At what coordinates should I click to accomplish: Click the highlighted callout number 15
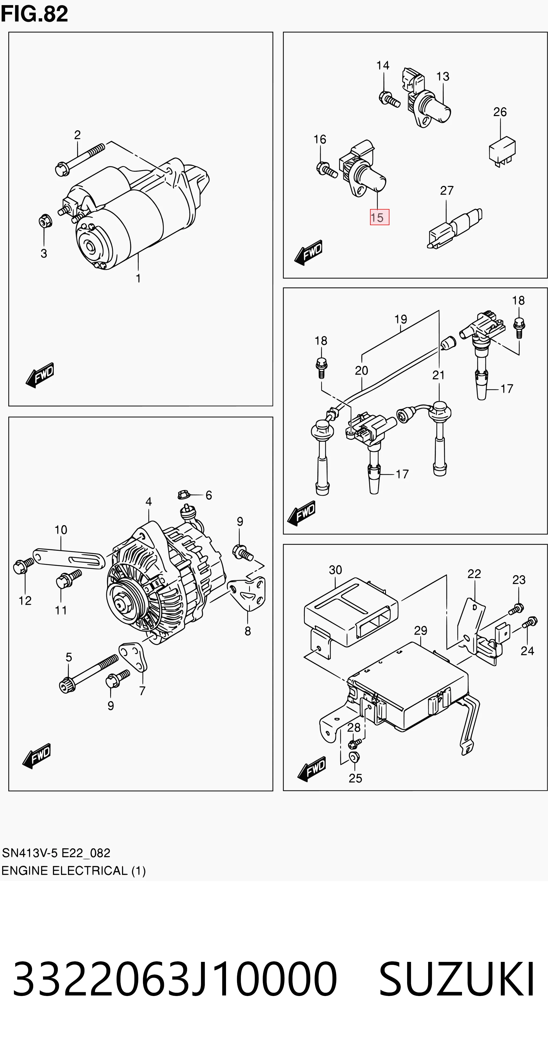[x=379, y=217]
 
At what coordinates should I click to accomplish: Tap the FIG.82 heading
[x=34, y=14]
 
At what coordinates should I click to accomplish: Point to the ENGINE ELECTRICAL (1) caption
[x=73, y=871]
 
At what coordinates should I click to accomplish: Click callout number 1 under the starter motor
[x=138, y=278]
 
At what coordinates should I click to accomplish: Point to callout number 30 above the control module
[x=335, y=570]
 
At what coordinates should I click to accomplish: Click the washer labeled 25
[x=354, y=757]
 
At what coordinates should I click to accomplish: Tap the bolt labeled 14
[x=389, y=99]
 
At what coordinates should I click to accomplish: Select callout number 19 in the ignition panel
[x=401, y=319]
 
